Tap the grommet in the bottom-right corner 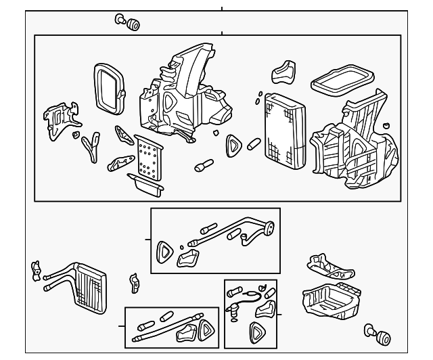[x=380, y=333]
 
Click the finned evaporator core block [x=285, y=133]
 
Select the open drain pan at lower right [x=329, y=302]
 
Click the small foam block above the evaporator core [x=283, y=72]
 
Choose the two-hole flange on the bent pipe [x=268, y=230]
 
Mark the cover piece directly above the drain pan [x=331, y=268]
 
